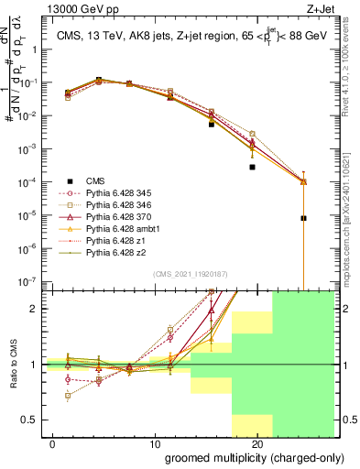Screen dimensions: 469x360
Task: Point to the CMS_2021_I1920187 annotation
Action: tap(190, 274)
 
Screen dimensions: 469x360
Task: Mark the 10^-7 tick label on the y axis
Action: tap(29, 280)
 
